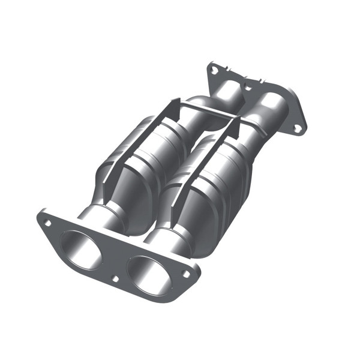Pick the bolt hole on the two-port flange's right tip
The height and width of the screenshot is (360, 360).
coord(186,273)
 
